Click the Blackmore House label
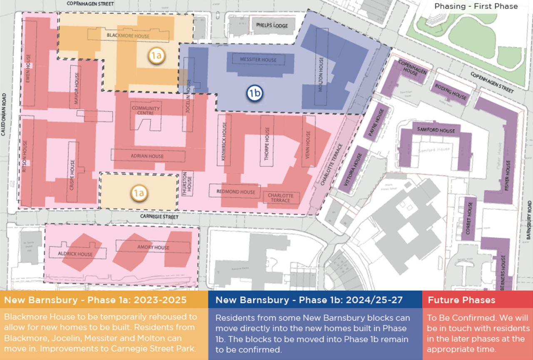(128, 36)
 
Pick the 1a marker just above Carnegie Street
(139, 193)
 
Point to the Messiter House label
(258, 60)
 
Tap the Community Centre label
(146, 111)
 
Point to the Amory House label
(153, 248)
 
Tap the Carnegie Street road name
(159, 217)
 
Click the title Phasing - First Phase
(476, 6)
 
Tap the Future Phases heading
(462, 300)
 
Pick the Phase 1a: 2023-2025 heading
(95, 300)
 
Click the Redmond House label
(236, 192)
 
